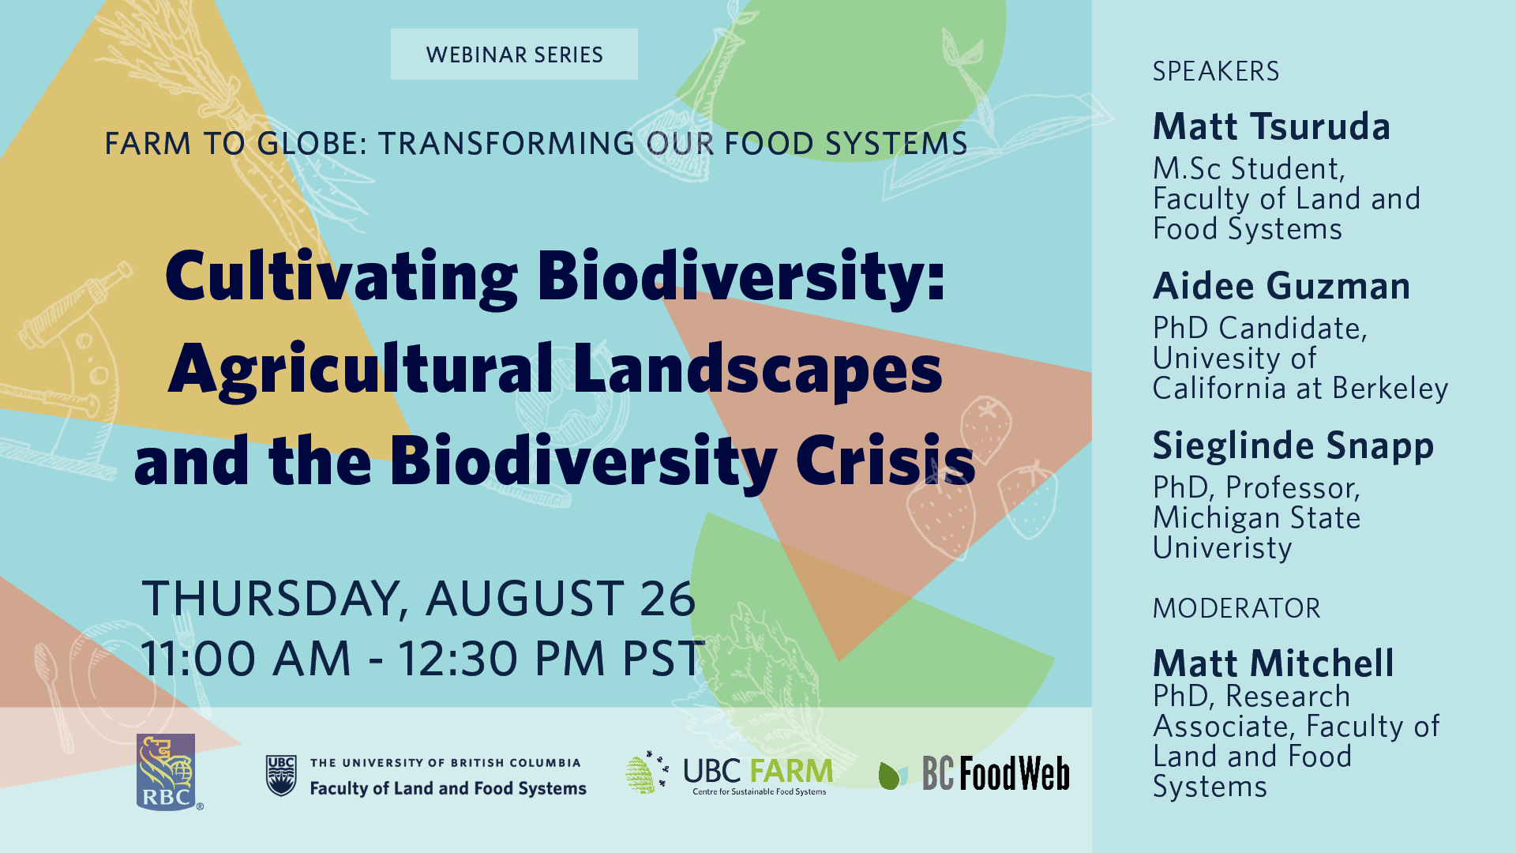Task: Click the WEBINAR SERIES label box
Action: coord(514,54)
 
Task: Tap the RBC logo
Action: coord(167,772)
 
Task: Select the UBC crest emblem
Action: coord(281,775)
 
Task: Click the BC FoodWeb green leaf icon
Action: coord(891,776)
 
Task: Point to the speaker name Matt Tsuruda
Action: coord(1271,126)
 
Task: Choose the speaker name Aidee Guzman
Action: coord(1281,286)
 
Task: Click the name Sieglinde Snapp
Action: coord(1293,446)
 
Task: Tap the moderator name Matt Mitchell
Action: coord(1273,663)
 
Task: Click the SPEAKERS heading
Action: coord(1216,71)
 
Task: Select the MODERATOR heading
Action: coord(1236,608)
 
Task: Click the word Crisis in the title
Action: coord(886,460)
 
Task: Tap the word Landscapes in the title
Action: coord(757,370)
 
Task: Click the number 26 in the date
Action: coord(667,598)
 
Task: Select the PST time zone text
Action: coord(662,658)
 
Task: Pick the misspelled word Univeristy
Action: coord(1222,548)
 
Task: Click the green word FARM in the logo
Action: coord(791,771)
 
